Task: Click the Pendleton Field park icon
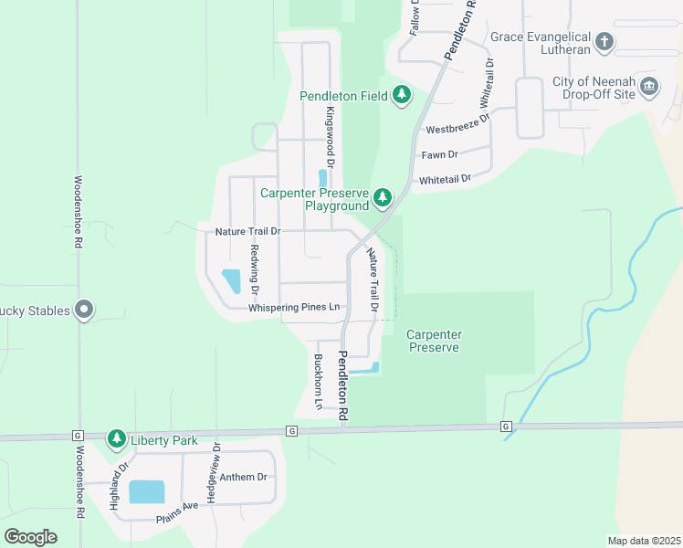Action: (x=402, y=95)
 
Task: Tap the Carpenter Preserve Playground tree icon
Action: (x=383, y=196)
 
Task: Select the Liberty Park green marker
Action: (x=116, y=439)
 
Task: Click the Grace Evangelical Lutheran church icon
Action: (x=604, y=42)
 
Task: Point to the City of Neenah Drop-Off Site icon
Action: (x=649, y=88)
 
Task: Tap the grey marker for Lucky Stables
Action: (x=84, y=311)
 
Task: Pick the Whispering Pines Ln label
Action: (x=294, y=308)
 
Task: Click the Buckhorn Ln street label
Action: (x=318, y=381)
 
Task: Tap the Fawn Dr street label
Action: (x=439, y=155)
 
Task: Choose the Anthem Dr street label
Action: (x=248, y=477)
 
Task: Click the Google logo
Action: (x=30, y=536)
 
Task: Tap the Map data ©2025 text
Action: (x=644, y=541)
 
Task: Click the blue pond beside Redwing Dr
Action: (x=232, y=280)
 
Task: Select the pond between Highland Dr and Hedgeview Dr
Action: (x=147, y=492)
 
